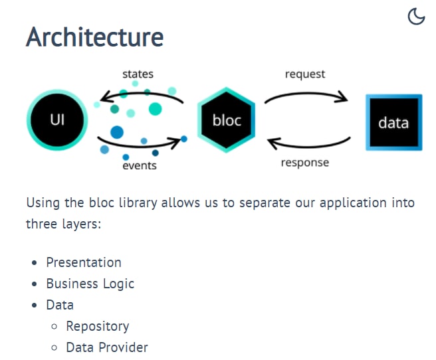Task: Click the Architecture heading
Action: [95, 37]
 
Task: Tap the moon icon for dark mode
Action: [416, 17]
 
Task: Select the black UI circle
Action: [57, 120]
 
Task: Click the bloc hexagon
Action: [227, 120]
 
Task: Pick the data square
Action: [394, 122]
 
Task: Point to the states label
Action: [138, 74]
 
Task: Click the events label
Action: [140, 165]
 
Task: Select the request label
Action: [305, 74]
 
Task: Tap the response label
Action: [305, 163]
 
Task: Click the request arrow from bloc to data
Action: [306, 94]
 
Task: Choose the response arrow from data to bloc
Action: [308, 146]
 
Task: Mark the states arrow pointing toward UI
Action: [141, 94]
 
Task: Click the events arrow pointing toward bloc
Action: [139, 146]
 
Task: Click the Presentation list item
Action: [84, 262]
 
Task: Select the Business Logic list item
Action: [90, 284]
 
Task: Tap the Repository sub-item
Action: [98, 326]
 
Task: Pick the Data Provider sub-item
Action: [107, 347]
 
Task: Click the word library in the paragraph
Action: [138, 203]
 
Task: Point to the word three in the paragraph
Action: [41, 224]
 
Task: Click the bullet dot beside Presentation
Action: [34, 263]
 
